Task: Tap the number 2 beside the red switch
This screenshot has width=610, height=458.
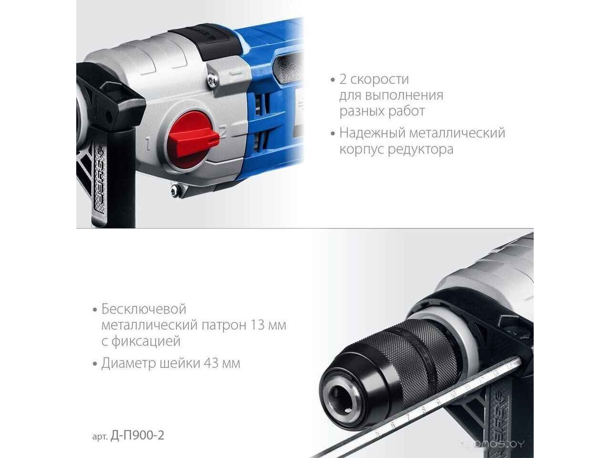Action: click(x=224, y=132)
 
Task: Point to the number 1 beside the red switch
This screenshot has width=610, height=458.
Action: click(x=148, y=145)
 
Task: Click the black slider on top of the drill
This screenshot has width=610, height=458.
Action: click(x=207, y=39)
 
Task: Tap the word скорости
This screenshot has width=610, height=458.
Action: click(x=380, y=80)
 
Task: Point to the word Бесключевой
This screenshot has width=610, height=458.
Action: click(x=143, y=309)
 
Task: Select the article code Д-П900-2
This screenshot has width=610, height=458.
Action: click(x=137, y=435)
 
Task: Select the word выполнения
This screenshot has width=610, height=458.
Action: click(x=404, y=96)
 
